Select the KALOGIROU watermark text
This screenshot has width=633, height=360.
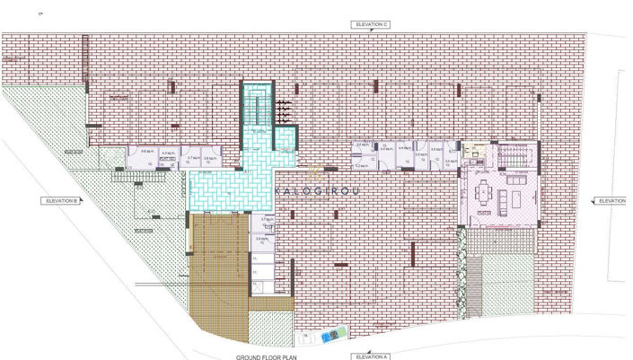coord(316,190)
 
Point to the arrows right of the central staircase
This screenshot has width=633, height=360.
coord(283,109)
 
